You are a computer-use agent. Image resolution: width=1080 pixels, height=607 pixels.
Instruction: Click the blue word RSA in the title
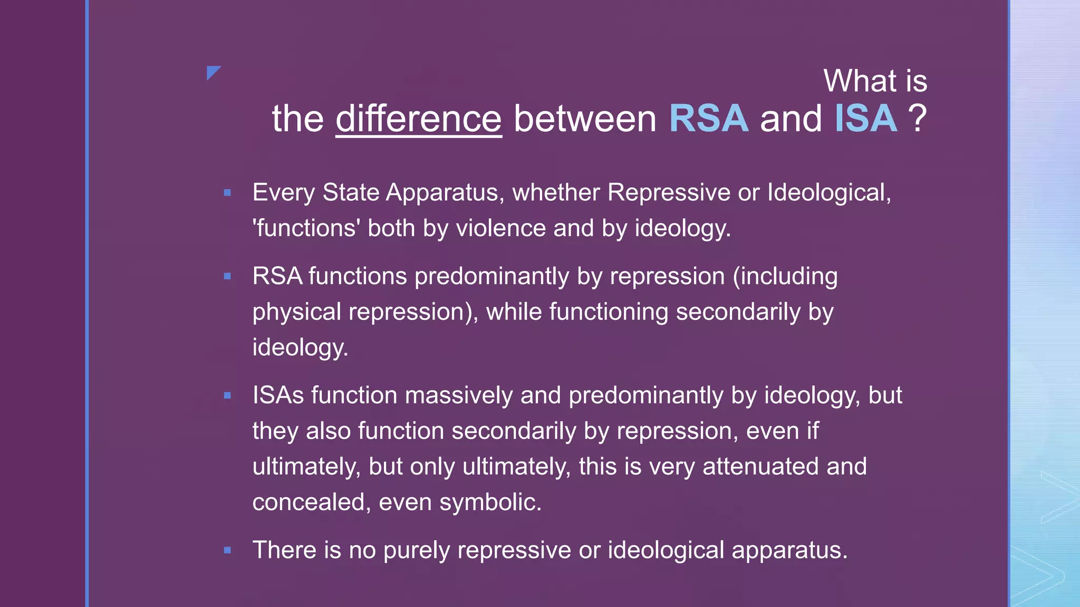tap(708, 119)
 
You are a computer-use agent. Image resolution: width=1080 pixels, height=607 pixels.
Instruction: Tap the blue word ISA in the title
tap(865, 119)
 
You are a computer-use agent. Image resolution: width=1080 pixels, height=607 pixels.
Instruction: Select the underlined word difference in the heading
tap(418, 119)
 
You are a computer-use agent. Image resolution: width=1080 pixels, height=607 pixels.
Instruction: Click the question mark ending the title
tap(918, 119)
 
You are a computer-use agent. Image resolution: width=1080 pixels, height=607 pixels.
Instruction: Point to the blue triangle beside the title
tap(213, 72)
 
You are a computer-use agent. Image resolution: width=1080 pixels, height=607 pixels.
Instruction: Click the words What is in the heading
tap(875, 81)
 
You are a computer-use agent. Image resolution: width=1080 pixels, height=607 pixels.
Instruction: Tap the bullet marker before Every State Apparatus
tap(227, 193)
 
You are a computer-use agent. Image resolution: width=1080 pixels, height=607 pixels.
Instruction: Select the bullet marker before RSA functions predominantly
tap(227, 276)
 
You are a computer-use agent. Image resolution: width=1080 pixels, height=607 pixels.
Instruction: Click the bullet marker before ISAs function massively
tap(227, 396)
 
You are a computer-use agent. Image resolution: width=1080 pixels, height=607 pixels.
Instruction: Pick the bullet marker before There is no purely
tap(227, 551)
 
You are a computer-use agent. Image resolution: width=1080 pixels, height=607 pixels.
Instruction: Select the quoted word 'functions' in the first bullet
tap(306, 228)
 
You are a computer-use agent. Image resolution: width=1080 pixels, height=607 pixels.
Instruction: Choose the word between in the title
tap(585, 119)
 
